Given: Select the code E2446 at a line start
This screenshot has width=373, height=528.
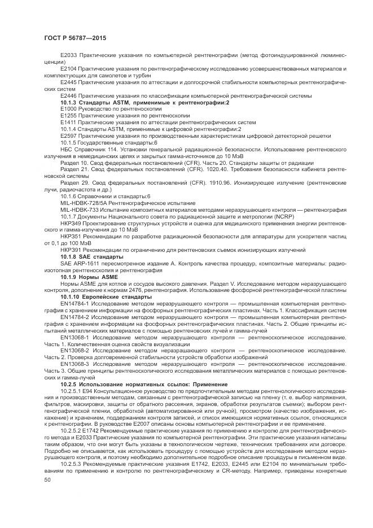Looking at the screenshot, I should tap(68, 95).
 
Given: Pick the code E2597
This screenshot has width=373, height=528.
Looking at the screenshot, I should tap(68, 136).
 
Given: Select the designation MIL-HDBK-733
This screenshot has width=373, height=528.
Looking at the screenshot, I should tap(80, 209).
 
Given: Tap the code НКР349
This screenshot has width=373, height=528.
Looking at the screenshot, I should tap(71, 222).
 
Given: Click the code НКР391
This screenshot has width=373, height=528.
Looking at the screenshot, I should tap(71, 249).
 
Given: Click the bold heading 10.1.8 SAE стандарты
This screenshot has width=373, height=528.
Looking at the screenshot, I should tap(91, 256).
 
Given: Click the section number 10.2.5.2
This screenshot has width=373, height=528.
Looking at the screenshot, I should tap(73, 430).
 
